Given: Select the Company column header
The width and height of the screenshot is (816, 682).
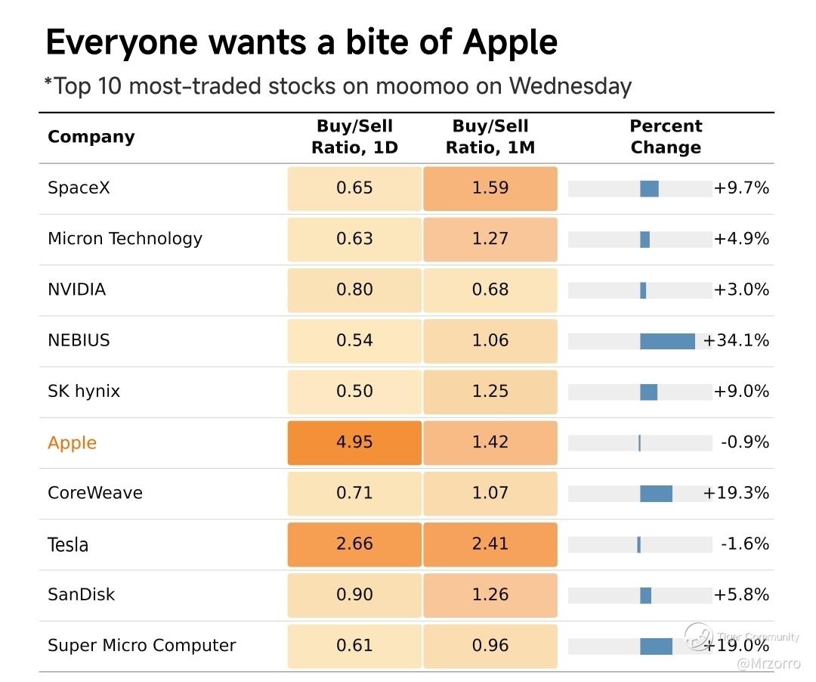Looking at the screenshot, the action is coord(91,137).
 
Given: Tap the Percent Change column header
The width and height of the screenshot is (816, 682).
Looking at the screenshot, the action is coord(666,136).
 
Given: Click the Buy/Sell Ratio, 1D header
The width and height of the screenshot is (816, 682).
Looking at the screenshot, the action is coord(354,136).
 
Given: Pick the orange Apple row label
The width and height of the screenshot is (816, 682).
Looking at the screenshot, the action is coord(72,443).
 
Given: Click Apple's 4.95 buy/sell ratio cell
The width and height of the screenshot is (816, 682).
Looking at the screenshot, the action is coord(354,442).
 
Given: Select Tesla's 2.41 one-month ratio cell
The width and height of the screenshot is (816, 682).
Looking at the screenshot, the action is coord(490,544).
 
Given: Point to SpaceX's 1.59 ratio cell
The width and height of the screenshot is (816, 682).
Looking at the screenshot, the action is coord(490,188).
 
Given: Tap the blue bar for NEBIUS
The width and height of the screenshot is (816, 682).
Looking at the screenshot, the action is coord(667,341).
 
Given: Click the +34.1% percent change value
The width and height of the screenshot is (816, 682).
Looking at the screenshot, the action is coord(736,340).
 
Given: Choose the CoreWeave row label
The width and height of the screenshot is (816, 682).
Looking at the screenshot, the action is coord(94,493).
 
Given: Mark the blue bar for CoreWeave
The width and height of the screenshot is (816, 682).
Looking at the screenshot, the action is coord(656,494).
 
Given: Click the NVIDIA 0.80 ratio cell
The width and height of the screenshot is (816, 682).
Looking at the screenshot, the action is coord(354,290).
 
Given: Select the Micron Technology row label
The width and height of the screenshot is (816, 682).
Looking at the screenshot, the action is coord(125,239).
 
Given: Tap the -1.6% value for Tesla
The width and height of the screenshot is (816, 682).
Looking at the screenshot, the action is coord(745,544).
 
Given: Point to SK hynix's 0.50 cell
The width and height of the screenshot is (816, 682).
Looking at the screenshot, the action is coord(354,392).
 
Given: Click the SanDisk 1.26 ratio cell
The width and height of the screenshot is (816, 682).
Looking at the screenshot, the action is coord(490,595).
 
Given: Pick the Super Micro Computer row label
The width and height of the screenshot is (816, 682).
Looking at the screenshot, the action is coord(141,646).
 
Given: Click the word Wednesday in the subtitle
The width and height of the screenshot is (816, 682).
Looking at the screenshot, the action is coord(570,86).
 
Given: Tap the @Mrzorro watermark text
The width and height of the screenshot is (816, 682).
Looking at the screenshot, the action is coord(768,664).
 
